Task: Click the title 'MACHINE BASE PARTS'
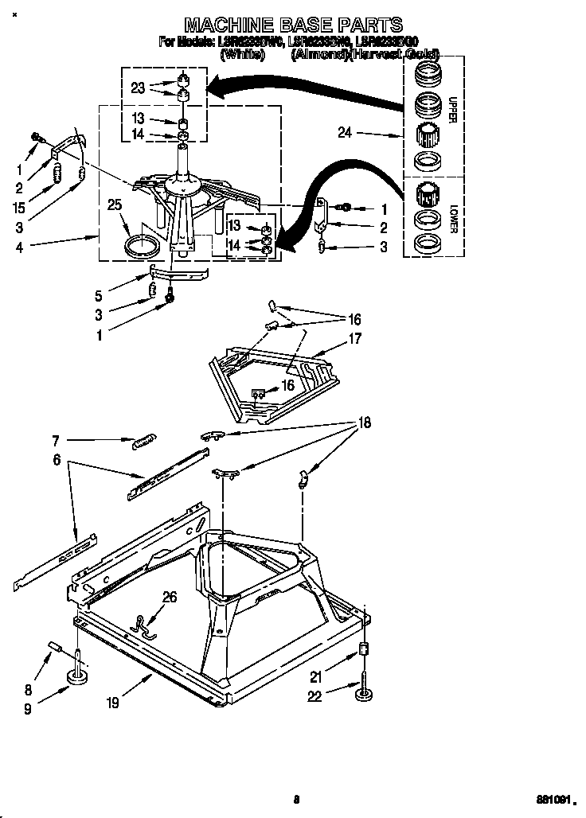coord(293,25)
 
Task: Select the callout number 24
coord(345,134)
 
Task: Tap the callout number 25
coord(115,206)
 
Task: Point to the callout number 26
coord(170,597)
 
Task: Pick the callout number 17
coord(354,339)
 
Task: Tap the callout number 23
coord(138,88)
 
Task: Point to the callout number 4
coord(18,247)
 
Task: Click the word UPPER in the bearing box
coord(451,111)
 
